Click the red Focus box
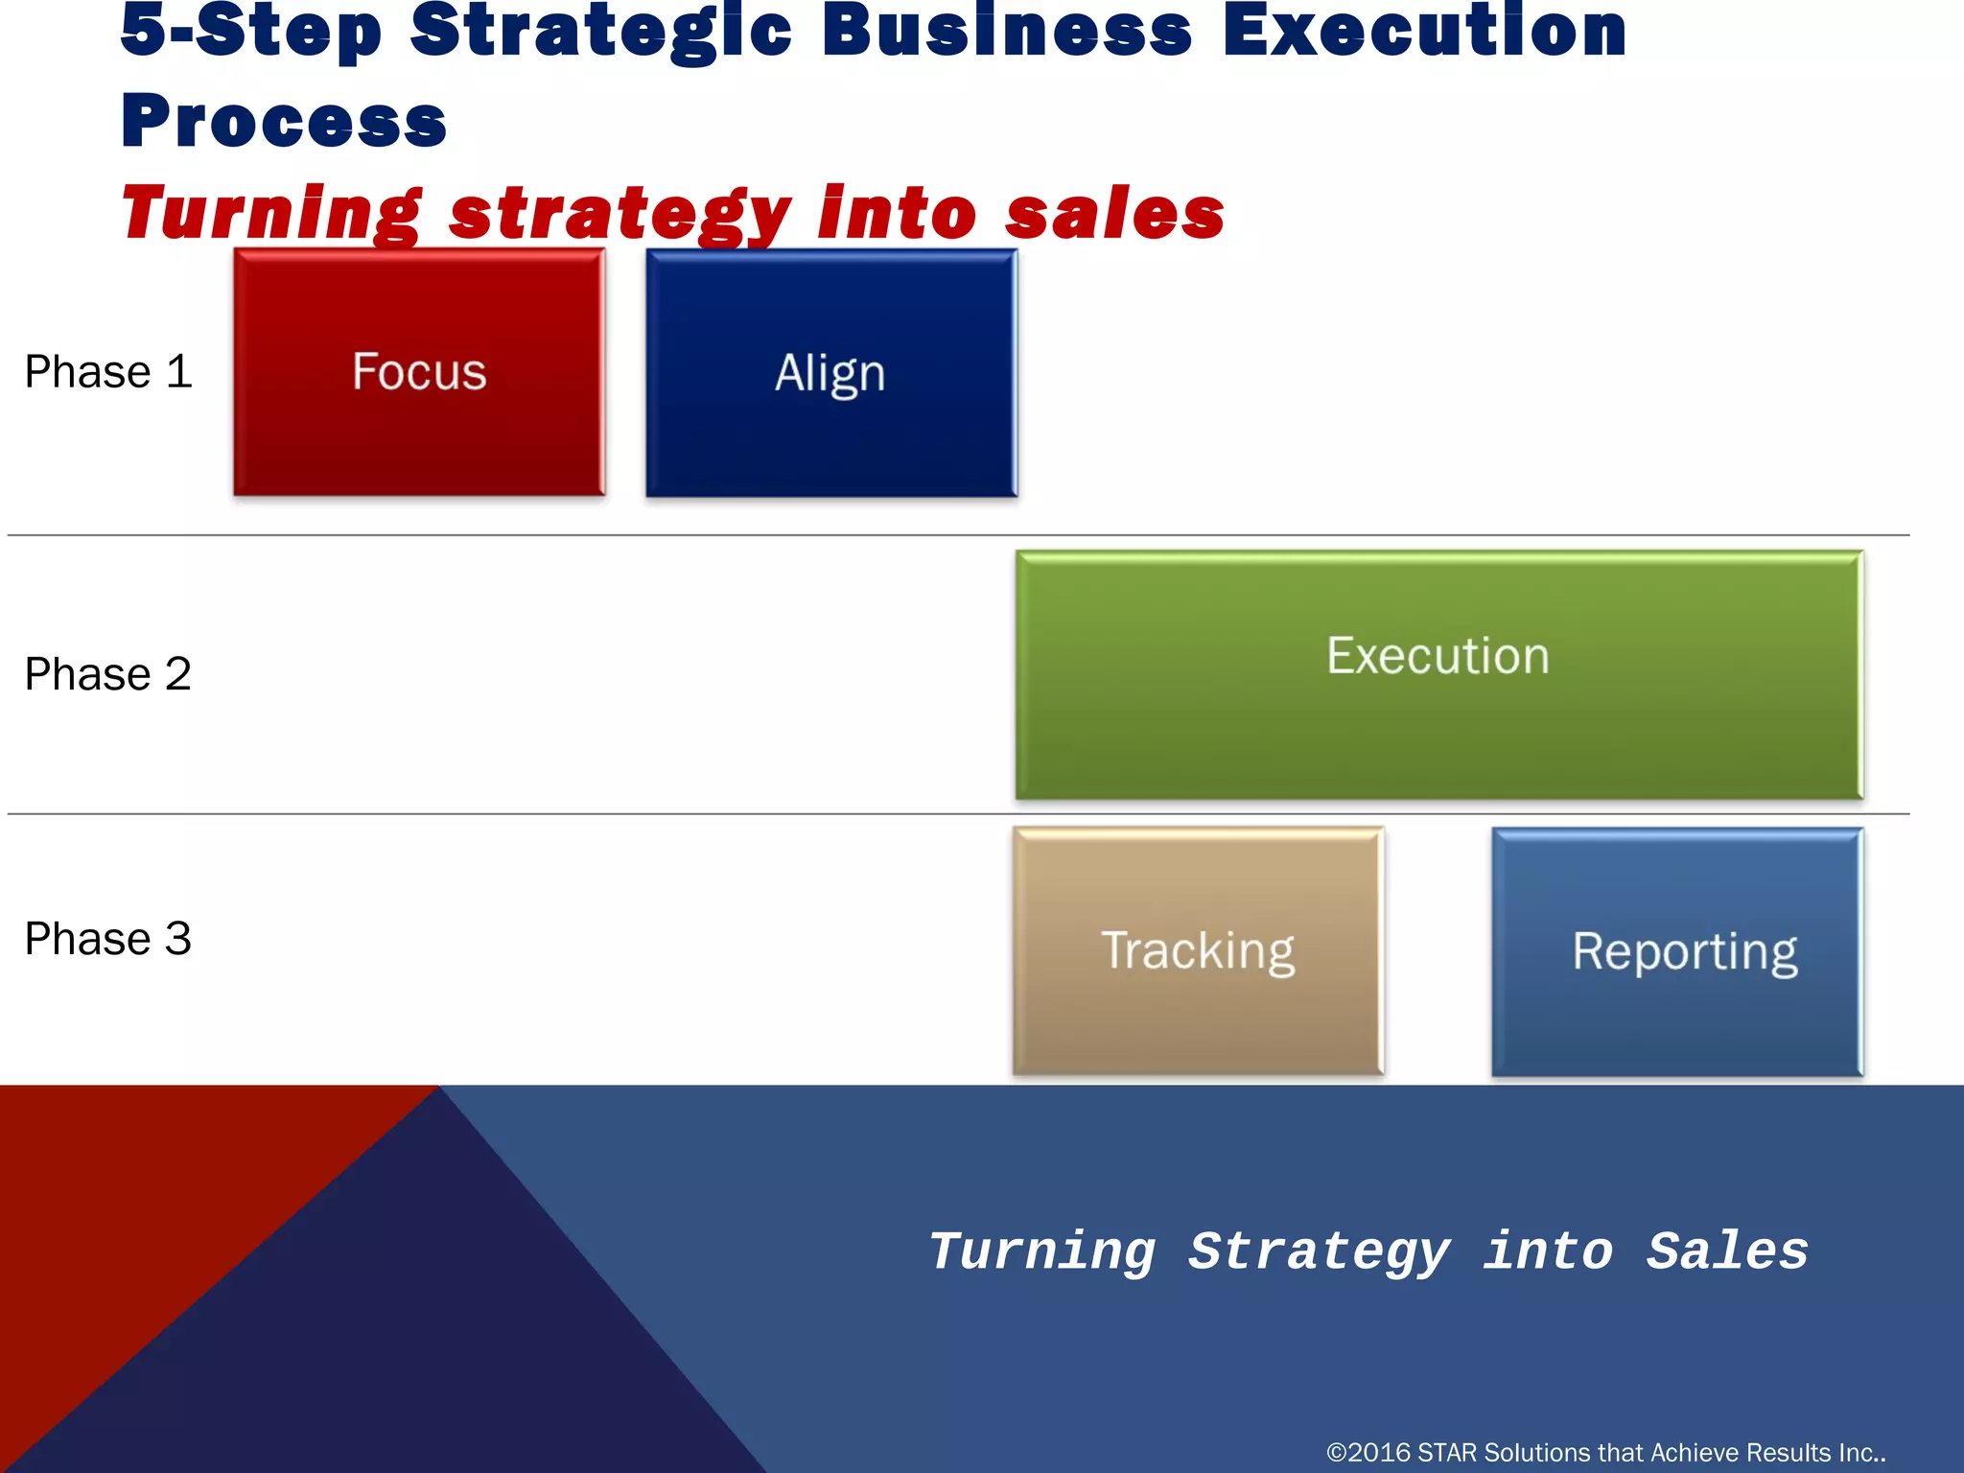(x=419, y=372)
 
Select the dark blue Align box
(x=830, y=372)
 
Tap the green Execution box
(x=1438, y=674)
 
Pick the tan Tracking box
(x=1198, y=950)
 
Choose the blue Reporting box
(x=1677, y=950)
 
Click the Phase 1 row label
(x=108, y=372)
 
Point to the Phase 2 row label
(x=108, y=674)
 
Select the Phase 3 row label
(x=108, y=939)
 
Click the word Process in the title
(x=284, y=122)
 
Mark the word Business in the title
(x=1007, y=31)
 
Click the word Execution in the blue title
(x=1424, y=31)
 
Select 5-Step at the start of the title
(x=251, y=31)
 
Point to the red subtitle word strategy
(x=620, y=214)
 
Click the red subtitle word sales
(x=1114, y=214)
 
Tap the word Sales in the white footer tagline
(x=1727, y=1251)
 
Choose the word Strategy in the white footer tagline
(x=1320, y=1251)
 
